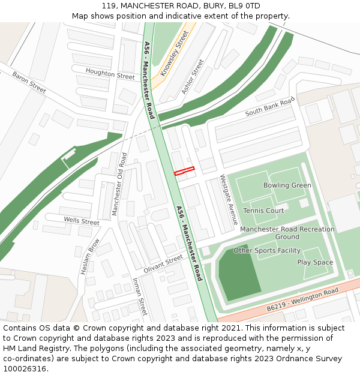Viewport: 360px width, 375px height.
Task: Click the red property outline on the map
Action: click(185, 171)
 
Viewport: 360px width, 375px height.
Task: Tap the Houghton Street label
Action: click(110, 74)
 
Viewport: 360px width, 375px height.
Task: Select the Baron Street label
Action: click(29, 82)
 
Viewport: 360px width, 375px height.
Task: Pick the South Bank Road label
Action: click(270, 106)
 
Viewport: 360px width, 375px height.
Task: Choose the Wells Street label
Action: click(82, 221)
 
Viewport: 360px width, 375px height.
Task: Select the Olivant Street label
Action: click(163, 263)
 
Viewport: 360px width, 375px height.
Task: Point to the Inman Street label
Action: click(139, 296)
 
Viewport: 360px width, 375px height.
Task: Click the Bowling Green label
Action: click(287, 185)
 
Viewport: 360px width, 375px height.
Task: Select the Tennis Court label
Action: click(263, 211)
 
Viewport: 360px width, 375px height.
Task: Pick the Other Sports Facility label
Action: click(267, 250)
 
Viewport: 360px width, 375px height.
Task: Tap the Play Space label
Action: click(315, 262)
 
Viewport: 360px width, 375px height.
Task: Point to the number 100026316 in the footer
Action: click(25, 368)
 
